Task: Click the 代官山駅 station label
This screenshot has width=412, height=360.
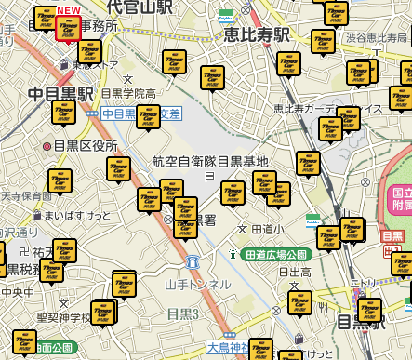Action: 140,7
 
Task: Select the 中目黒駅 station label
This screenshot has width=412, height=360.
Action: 61,94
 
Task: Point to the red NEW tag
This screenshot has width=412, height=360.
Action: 68,11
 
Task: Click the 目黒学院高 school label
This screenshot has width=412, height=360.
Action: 129,94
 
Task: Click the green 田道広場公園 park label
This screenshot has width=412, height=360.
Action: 275,253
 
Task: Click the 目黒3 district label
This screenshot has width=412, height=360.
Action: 184,314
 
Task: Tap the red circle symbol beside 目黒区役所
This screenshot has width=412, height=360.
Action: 47,146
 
